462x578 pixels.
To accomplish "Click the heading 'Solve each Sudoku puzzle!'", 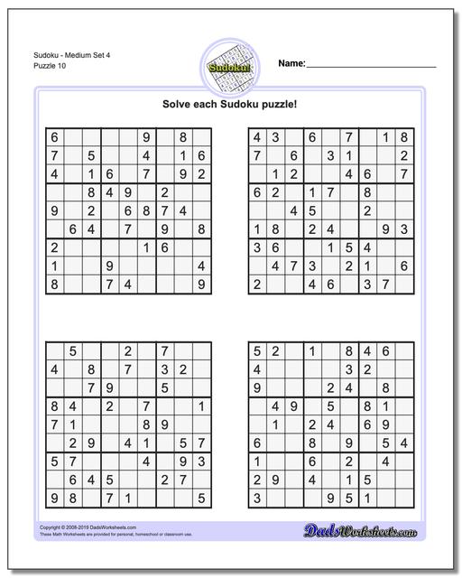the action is (x=230, y=104).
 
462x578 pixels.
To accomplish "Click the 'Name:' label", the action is (x=291, y=63).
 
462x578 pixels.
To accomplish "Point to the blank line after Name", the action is (x=372, y=66).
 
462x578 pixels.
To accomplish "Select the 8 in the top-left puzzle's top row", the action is (x=182, y=137).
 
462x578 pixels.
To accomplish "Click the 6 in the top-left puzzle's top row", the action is (x=54, y=137).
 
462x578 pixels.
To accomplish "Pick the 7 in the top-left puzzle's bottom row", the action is (x=109, y=284).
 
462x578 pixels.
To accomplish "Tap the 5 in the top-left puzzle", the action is (x=91, y=155).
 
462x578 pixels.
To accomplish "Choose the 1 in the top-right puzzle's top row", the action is (x=385, y=137).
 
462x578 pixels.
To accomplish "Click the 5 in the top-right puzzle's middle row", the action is (x=312, y=210).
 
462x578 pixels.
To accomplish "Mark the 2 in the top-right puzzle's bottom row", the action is (x=257, y=284).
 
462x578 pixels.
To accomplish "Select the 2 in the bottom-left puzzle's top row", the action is (x=127, y=350).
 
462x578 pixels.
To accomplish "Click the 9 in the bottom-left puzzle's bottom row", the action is (x=54, y=497).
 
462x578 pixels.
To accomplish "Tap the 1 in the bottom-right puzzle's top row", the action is (x=312, y=350).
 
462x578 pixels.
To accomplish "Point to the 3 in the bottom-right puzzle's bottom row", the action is (x=257, y=497).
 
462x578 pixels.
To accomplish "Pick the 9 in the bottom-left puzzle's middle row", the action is (x=164, y=424).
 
